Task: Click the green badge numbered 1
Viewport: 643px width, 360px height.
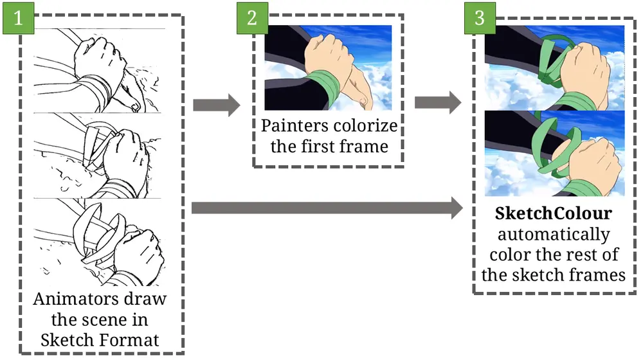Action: pyautogui.click(x=18, y=17)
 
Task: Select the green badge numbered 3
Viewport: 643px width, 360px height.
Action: pyautogui.click(x=479, y=17)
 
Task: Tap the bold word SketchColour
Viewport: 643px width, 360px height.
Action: pyautogui.click(x=553, y=213)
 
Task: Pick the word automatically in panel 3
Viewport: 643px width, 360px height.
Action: pyautogui.click(x=553, y=234)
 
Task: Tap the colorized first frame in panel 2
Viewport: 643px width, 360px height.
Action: pyautogui.click(x=328, y=67)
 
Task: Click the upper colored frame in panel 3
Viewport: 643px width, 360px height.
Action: pyautogui.click(x=554, y=67)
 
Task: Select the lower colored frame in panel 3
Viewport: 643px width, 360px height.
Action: pyautogui.click(x=554, y=153)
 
